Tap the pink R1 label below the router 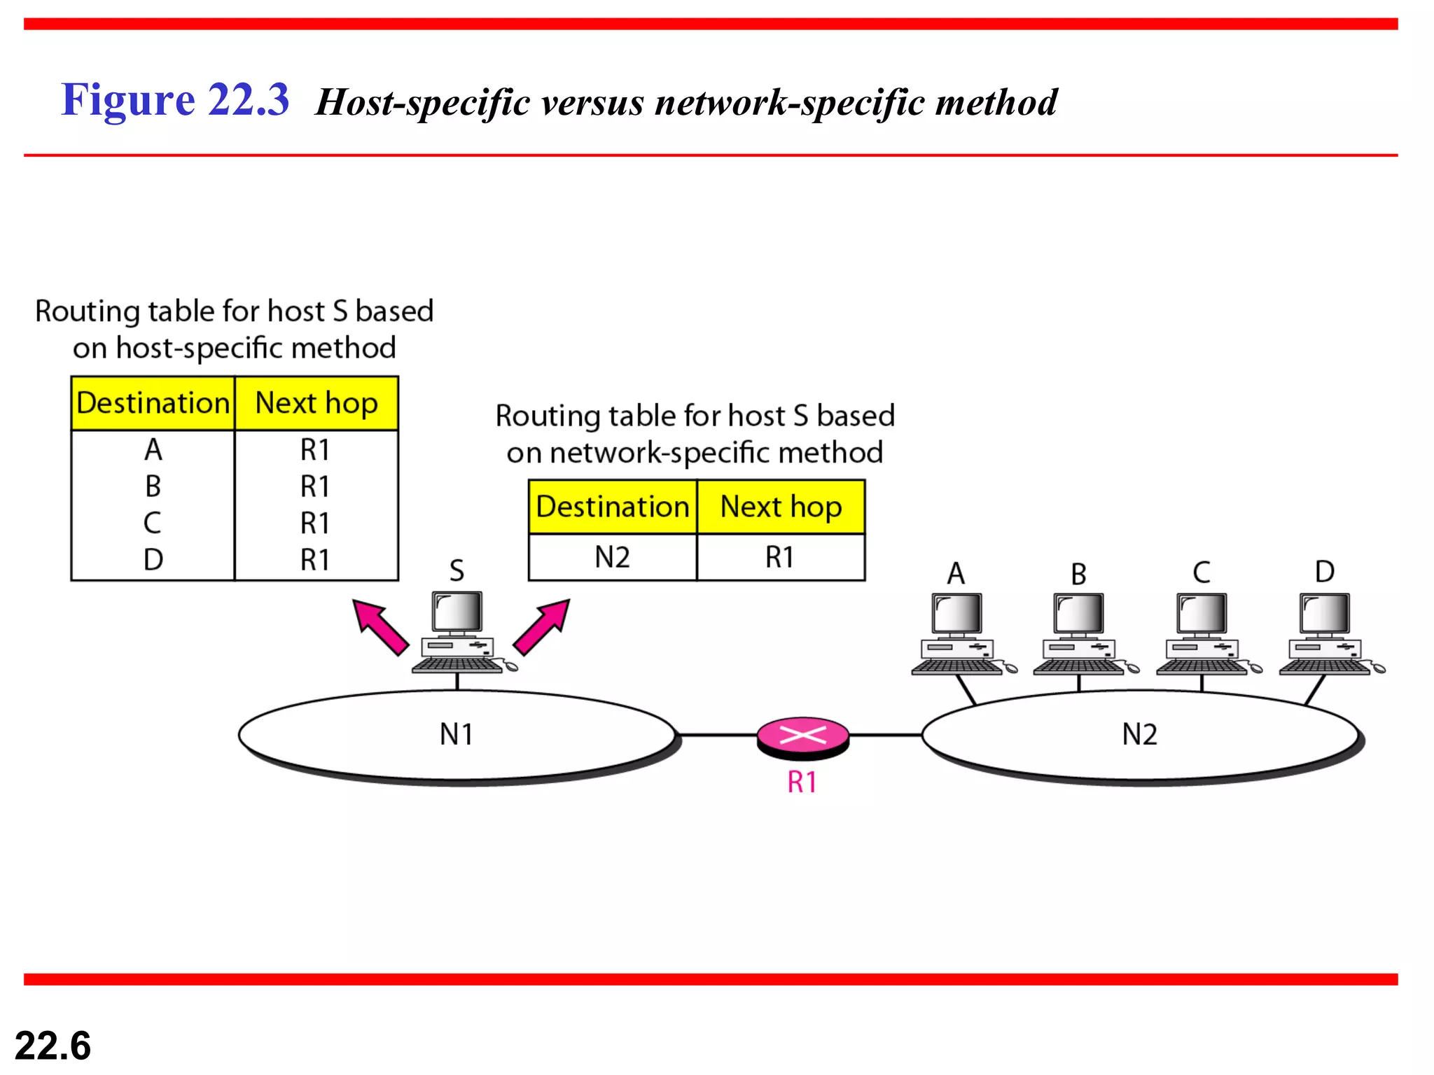pyautogui.click(x=802, y=782)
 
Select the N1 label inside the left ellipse pyautogui.click(x=457, y=734)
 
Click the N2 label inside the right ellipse pyautogui.click(x=1139, y=734)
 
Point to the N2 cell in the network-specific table pyautogui.click(x=612, y=558)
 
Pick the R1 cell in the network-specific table pyautogui.click(x=779, y=558)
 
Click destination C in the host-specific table pyautogui.click(x=153, y=523)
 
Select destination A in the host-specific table pyautogui.click(x=153, y=449)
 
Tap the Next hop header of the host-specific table pyautogui.click(x=316, y=403)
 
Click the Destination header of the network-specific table pyautogui.click(x=613, y=507)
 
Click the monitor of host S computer pyautogui.click(x=457, y=612)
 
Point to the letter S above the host pyautogui.click(x=457, y=570)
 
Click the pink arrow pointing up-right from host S pyautogui.click(x=542, y=626)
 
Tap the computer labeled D pyautogui.click(x=1325, y=633)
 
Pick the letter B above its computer pyautogui.click(x=1078, y=575)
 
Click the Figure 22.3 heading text pyautogui.click(x=175, y=99)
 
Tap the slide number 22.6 pyautogui.click(x=53, y=1046)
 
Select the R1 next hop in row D pyautogui.click(x=315, y=560)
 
